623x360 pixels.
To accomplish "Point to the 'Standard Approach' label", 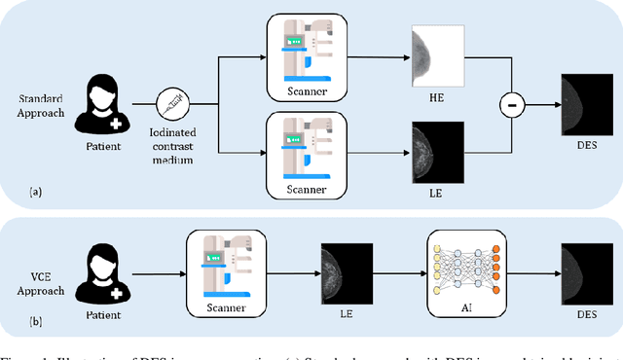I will click(x=41, y=104).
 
